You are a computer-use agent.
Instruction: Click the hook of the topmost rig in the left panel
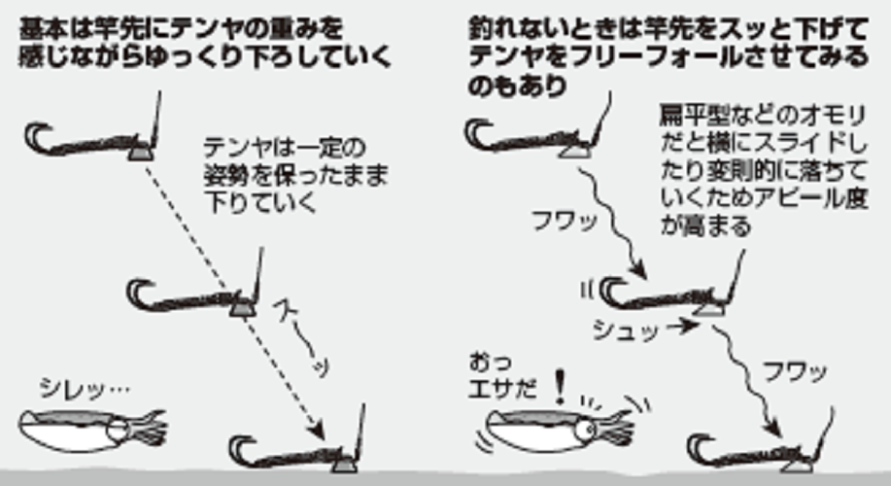tap(39, 136)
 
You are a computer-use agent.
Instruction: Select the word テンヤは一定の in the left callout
tap(258, 148)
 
